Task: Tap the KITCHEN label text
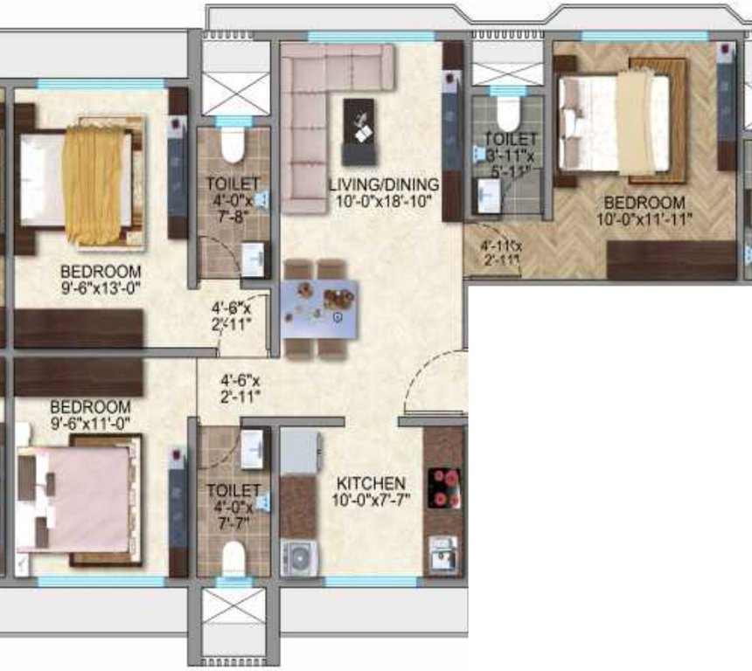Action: coord(372,483)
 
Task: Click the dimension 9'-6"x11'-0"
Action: coord(90,424)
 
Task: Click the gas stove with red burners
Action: coord(442,488)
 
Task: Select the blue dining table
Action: coord(319,308)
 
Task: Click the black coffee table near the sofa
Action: coord(358,131)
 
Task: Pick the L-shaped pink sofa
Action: coord(315,114)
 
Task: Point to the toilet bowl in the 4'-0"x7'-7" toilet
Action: coord(233,557)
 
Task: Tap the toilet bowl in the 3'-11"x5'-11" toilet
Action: coord(507,114)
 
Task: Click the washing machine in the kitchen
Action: coord(298,557)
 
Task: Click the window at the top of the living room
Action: coord(371,37)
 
